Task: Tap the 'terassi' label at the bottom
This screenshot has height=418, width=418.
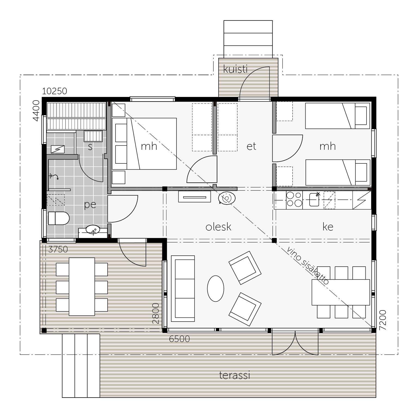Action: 234,375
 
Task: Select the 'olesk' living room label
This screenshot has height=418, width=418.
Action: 218,227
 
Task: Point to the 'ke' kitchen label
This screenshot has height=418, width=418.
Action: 328,227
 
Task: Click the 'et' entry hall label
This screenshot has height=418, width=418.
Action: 251,146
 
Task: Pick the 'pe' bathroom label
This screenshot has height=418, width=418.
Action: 90,205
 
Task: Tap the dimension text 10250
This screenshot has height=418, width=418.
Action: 55,91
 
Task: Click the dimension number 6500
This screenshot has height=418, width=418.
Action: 179,339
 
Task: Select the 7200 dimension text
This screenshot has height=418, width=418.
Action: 383,320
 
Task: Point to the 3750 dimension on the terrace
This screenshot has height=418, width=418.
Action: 58,249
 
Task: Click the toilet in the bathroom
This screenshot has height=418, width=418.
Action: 59,218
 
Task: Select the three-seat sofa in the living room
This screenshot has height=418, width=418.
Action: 183,289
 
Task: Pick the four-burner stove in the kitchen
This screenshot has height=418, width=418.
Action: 294,200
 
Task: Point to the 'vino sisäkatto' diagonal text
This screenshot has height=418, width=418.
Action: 308,266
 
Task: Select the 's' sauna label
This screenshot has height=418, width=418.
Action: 90,147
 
